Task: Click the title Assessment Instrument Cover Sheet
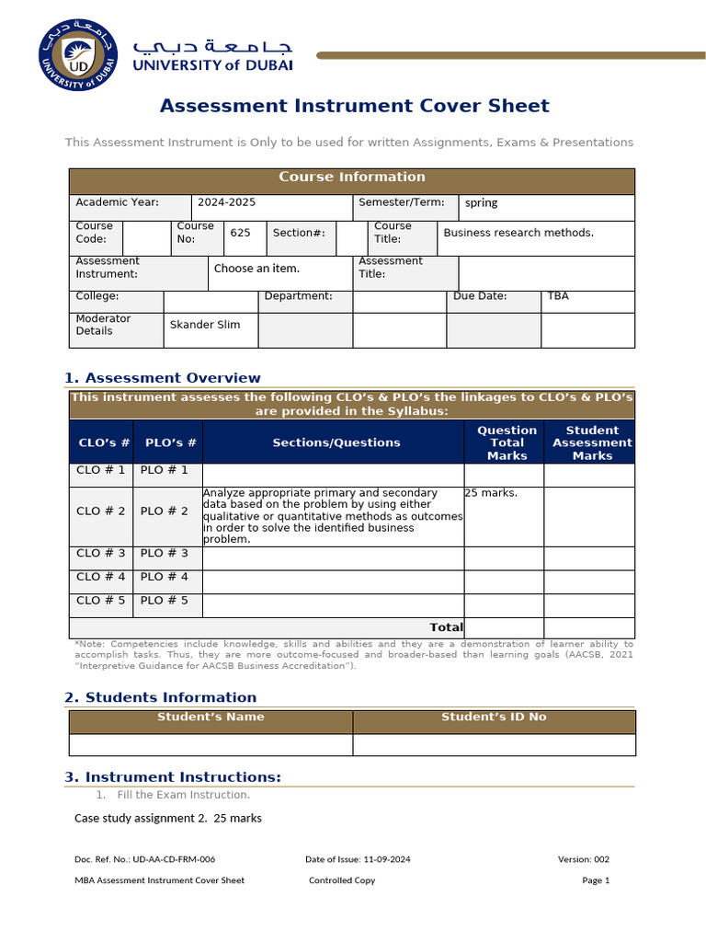click(354, 106)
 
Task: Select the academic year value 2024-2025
click(225, 202)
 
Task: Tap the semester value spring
click(481, 203)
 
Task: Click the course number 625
click(240, 234)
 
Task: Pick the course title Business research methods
click(518, 233)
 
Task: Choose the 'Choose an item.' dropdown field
click(256, 269)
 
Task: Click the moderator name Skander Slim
click(205, 325)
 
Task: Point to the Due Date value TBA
click(558, 296)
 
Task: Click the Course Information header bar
click(352, 178)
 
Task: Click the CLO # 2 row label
click(101, 511)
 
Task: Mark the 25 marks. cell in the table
click(491, 493)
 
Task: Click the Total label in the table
click(446, 627)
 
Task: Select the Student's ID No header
click(494, 718)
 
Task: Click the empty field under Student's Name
click(211, 744)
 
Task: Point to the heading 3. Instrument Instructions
click(173, 777)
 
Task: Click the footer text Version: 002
click(583, 859)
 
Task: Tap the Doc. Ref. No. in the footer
click(145, 859)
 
